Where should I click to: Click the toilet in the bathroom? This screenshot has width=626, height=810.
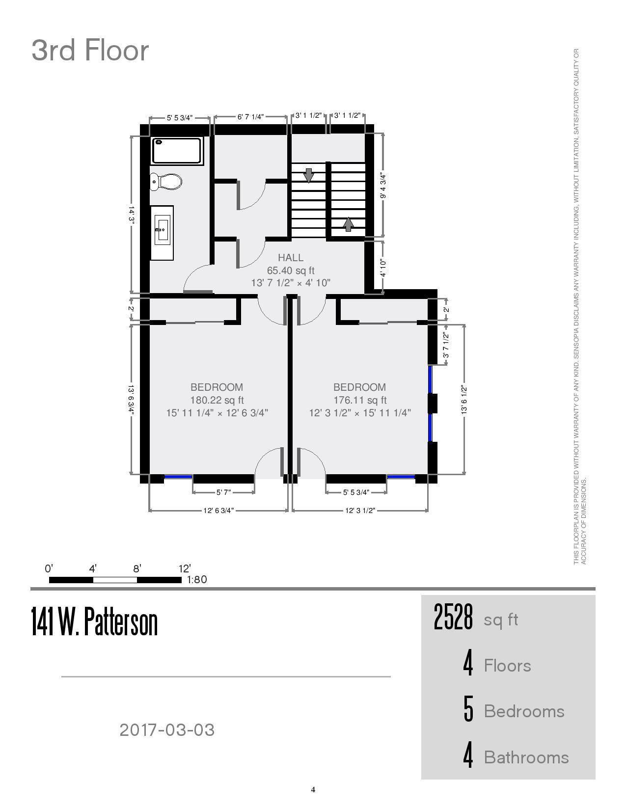pyautogui.click(x=166, y=182)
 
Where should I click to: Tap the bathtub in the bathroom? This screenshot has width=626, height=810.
pyautogui.click(x=177, y=151)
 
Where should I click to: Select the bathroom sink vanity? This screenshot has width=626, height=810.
pyautogui.click(x=162, y=233)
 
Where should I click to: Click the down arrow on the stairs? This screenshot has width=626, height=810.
pyautogui.click(x=308, y=175)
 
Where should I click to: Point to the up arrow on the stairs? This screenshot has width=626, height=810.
pyautogui.click(x=348, y=224)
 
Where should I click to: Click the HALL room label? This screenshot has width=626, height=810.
pyautogui.click(x=291, y=258)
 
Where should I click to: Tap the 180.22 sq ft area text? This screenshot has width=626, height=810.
pyautogui.click(x=217, y=400)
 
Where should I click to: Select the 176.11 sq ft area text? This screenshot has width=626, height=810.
pyautogui.click(x=360, y=400)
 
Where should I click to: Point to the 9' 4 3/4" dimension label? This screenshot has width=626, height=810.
pyautogui.click(x=383, y=185)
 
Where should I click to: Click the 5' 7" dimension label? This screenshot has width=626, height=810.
pyautogui.click(x=224, y=492)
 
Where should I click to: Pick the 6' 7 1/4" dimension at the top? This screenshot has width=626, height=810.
pyautogui.click(x=250, y=117)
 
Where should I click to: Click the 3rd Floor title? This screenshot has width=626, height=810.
pyautogui.click(x=90, y=51)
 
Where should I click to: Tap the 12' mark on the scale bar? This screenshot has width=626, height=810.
pyautogui.click(x=185, y=569)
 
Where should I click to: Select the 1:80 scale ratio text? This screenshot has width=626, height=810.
pyautogui.click(x=196, y=580)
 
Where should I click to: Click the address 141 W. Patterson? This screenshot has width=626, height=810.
pyautogui.click(x=94, y=622)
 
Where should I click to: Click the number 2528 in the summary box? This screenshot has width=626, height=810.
pyautogui.click(x=453, y=617)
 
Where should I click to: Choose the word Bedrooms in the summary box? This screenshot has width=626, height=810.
pyautogui.click(x=524, y=712)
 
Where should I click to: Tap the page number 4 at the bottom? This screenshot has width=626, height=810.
pyautogui.click(x=313, y=789)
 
